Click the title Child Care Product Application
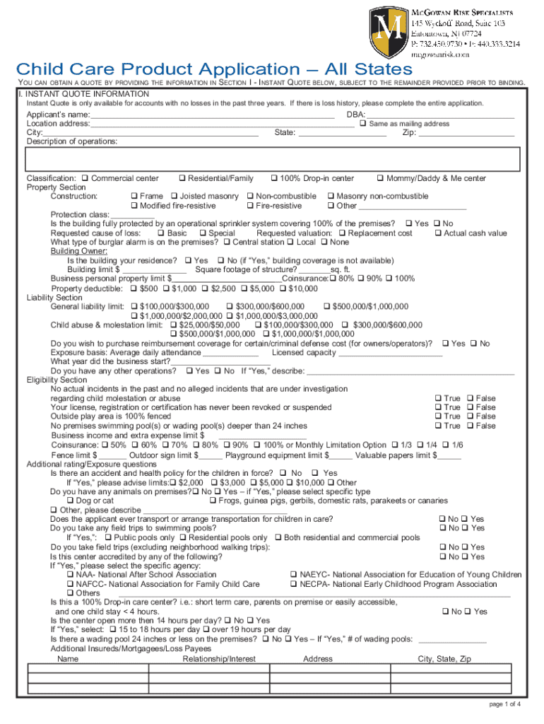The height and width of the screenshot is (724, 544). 214,69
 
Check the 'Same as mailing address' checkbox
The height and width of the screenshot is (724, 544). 362,124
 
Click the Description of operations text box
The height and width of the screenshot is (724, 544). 272,159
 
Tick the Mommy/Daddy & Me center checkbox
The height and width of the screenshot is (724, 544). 381,178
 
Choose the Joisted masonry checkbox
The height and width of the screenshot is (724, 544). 174,196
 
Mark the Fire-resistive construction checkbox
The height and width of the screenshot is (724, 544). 250,205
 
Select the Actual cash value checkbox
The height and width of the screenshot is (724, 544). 438,233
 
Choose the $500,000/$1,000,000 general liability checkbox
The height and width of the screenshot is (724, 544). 327,306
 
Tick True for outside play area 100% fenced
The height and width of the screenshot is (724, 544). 438,416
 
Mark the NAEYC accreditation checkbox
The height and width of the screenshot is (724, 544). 295,575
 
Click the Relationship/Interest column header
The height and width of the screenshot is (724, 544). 219,659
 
